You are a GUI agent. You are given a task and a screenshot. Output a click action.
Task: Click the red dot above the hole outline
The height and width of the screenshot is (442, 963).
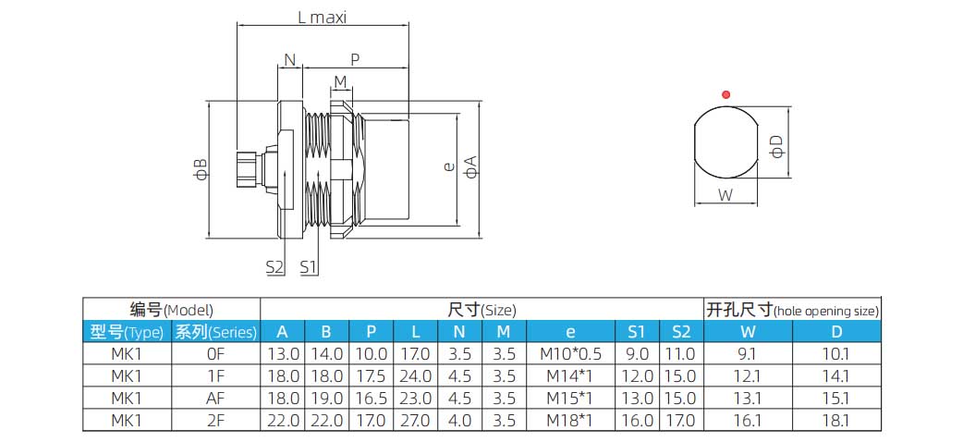726,94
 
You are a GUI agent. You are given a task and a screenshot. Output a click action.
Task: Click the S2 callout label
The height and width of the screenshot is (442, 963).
274,266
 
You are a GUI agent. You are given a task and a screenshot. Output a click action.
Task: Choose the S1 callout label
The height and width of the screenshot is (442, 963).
309,266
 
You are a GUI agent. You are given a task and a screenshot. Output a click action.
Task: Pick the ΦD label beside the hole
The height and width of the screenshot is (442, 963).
777,146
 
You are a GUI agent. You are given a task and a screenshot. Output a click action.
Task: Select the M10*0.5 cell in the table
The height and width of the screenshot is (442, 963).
570,353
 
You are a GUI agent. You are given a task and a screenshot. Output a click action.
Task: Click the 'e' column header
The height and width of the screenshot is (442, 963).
570,332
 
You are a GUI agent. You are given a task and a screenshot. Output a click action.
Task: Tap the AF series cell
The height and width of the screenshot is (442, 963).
215,398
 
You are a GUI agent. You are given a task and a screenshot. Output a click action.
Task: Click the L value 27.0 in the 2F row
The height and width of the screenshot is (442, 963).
414,420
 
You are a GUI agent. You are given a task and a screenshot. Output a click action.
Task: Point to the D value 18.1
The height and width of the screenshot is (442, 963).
835,420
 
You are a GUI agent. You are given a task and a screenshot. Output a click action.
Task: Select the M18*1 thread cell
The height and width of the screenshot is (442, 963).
570,420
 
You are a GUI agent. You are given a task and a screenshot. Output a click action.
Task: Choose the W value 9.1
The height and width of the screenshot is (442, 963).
747,353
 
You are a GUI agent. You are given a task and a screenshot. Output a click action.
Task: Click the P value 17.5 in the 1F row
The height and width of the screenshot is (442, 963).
371,375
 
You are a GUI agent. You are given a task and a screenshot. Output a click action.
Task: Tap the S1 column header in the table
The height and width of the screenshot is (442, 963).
637,332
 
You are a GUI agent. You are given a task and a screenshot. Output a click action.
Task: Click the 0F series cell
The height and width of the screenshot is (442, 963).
215,353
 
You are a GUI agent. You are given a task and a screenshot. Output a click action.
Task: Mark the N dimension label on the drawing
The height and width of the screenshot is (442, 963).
290,60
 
